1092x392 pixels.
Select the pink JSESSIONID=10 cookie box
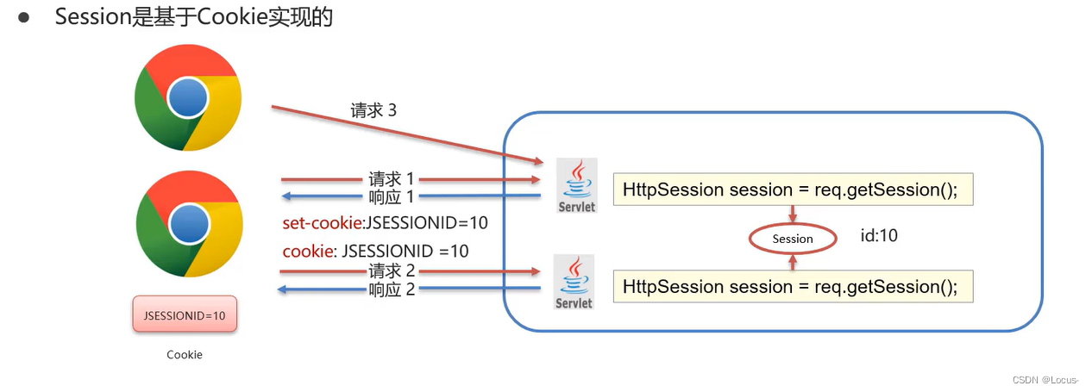pos(185,315)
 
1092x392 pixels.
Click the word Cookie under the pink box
pos(185,354)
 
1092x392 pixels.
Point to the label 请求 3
pos(373,110)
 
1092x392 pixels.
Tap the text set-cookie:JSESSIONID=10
pos(386,223)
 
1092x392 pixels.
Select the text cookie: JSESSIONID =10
pos(376,251)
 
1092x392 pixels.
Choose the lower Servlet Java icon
pos(574,282)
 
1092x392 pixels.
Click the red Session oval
pos(793,239)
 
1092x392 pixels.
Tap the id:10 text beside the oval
pos(879,235)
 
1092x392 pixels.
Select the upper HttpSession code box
pos(793,190)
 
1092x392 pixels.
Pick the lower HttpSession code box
pos(793,286)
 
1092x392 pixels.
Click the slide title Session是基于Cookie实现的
pos(194,17)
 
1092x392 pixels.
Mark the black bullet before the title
pos(24,18)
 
